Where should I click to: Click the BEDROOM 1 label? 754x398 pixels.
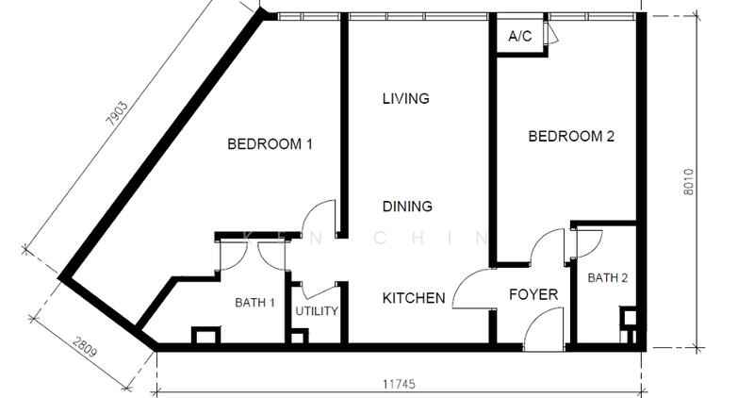click(x=270, y=144)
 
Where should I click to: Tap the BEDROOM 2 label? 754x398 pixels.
click(x=571, y=136)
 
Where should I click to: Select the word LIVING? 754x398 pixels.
click(x=406, y=99)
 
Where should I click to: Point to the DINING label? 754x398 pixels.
click(x=407, y=207)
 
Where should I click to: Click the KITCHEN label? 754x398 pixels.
click(x=414, y=298)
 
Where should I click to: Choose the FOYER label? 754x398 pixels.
click(x=533, y=294)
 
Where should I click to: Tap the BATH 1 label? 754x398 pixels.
click(x=254, y=303)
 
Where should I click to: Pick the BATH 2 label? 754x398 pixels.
click(x=607, y=277)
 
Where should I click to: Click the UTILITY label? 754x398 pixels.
click(x=317, y=311)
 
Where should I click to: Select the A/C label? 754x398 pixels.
click(x=520, y=36)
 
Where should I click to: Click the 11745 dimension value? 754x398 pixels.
click(x=399, y=384)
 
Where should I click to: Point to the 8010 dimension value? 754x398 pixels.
click(x=689, y=181)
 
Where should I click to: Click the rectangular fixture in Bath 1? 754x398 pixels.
click(x=206, y=336)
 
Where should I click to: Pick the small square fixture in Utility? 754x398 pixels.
click(x=299, y=337)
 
